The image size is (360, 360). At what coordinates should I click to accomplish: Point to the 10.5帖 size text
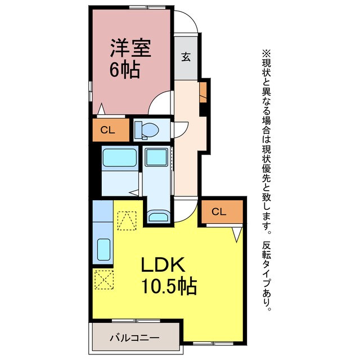[x=168, y=287]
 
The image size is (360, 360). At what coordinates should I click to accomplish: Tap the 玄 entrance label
[x=185, y=57]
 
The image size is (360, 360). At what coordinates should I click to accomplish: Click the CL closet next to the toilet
[x=107, y=130]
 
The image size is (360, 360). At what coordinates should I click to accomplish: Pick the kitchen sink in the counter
[x=103, y=247]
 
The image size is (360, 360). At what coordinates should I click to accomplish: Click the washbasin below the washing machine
[x=157, y=217]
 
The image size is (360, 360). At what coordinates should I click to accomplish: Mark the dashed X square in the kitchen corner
[x=102, y=279]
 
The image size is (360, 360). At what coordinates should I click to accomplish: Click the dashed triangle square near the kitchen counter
[x=127, y=221]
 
